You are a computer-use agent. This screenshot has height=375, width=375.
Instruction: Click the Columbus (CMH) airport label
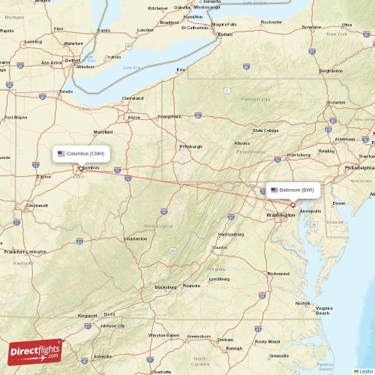pyautogui.click(x=82, y=153)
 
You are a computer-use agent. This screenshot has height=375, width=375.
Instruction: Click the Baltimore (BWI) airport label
pyautogui.click(x=295, y=190)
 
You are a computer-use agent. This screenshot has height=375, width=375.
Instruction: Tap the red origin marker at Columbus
pyautogui.click(x=80, y=168)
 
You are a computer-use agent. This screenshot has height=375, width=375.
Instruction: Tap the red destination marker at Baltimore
pyautogui.click(x=293, y=205)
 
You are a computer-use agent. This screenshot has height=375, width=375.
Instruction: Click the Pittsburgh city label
pyautogui.click(x=190, y=146)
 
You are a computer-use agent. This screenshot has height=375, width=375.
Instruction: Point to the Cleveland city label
pyautogui.click(x=133, y=98)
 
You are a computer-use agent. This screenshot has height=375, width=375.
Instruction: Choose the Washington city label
pyautogui.click(x=280, y=215)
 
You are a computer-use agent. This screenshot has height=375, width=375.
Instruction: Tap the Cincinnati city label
pyautogui.click(x=37, y=205)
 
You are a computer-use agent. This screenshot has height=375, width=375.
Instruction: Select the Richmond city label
pyautogui.click(x=278, y=274)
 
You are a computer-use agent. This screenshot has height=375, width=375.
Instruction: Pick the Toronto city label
pyautogui.click(x=212, y=2)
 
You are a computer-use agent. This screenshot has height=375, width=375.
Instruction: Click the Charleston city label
pyautogui.click(x=136, y=239)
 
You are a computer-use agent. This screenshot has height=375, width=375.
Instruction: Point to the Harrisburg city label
pyautogui.click(x=298, y=155)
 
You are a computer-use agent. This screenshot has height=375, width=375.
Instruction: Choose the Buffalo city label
pyautogui.click(x=225, y=34)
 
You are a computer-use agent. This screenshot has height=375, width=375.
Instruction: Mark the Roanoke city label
pyautogui.click(x=192, y=286)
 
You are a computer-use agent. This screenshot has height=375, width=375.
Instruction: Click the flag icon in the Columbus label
pyautogui.click(x=61, y=153)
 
